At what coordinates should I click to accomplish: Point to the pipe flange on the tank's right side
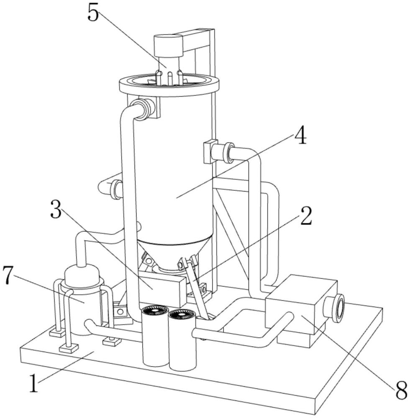228,153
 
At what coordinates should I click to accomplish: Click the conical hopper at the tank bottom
175,255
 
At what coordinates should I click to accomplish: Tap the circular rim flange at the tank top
169,86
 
